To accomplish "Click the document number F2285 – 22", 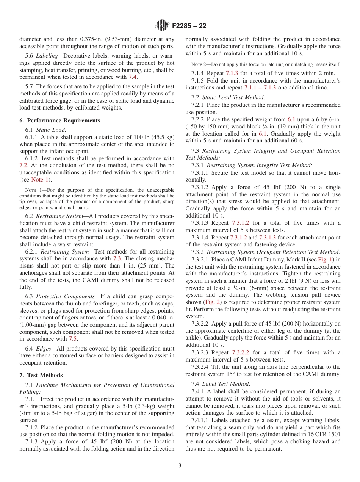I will [x=189, y=26].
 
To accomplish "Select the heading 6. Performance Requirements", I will [x=60, y=121].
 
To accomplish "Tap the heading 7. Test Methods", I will [x=41, y=375].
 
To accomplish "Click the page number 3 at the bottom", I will [x=180, y=466].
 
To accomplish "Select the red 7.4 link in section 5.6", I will [x=133, y=77].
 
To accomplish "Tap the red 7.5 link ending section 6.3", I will [x=73, y=339].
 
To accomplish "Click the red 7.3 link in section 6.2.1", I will [x=117, y=258].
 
